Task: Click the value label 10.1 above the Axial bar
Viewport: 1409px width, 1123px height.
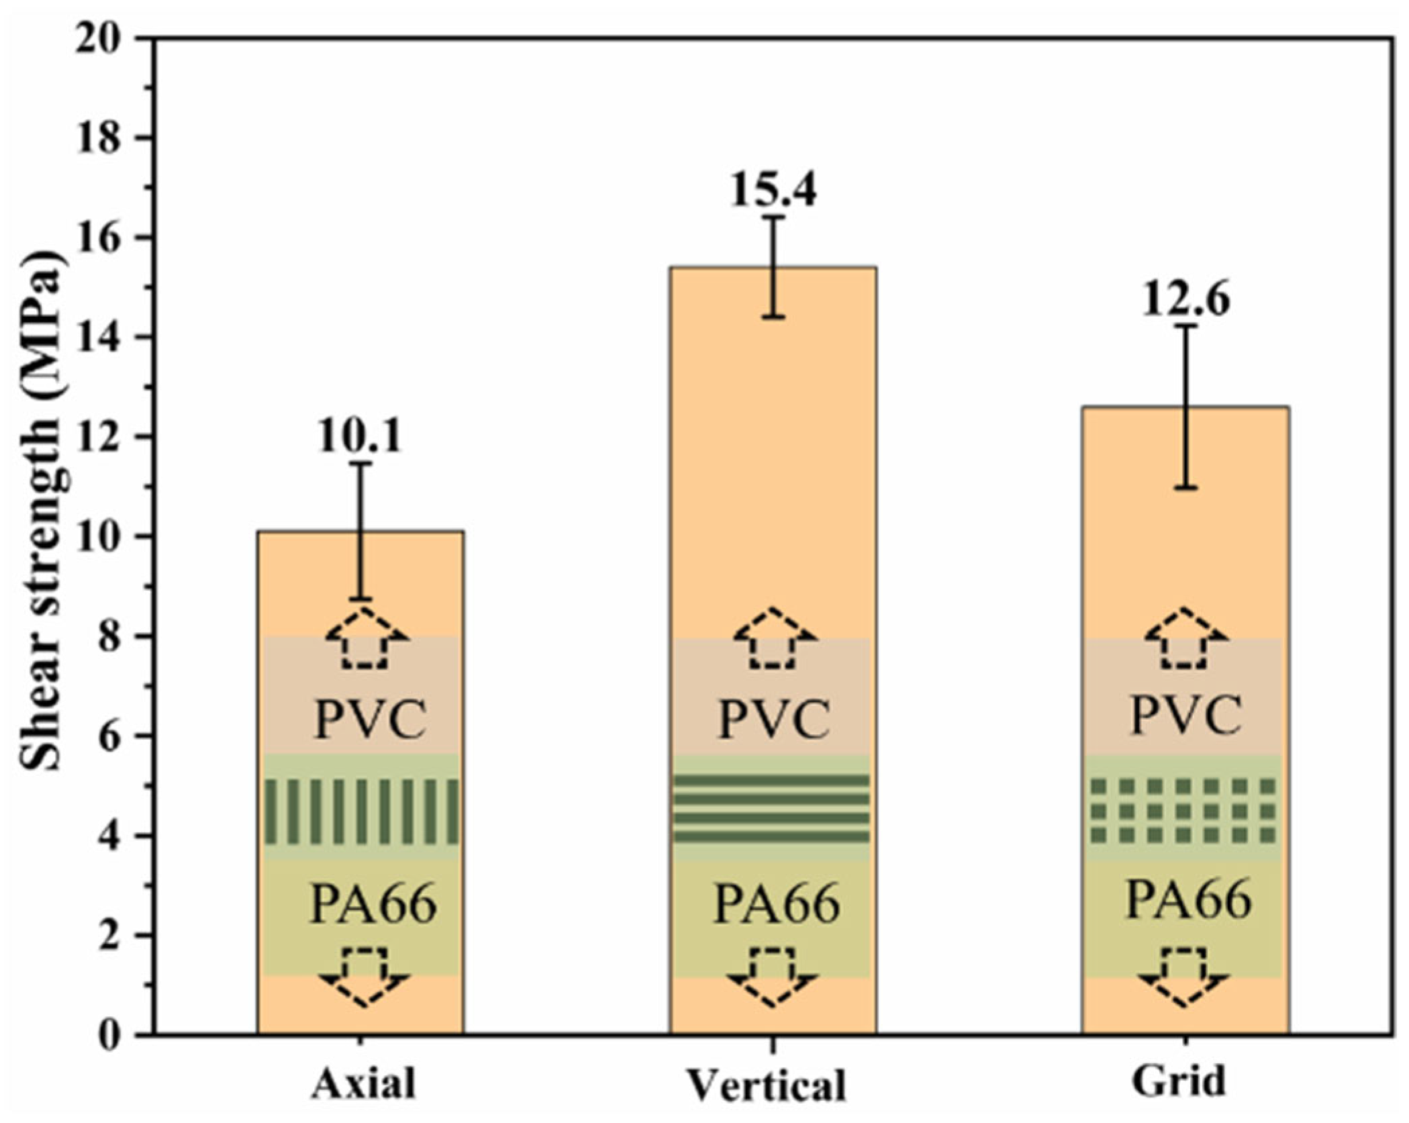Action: [x=360, y=436]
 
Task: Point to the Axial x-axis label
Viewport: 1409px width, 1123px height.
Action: [x=362, y=1082]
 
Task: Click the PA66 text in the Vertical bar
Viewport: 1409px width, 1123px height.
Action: [x=776, y=904]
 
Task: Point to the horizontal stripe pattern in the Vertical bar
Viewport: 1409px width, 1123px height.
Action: [x=772, y=808]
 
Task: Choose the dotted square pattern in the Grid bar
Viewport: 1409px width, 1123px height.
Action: [x=1183, y=810]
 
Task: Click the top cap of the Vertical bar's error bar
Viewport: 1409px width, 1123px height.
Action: [x=773, y=217]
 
